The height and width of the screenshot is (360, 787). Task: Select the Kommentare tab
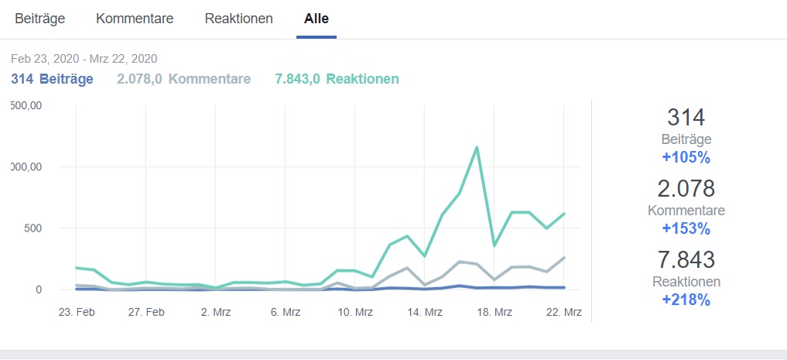(x=135, y=19)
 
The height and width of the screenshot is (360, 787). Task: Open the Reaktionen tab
(x=238, y=19)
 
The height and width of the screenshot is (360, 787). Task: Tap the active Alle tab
(x=316, y=19)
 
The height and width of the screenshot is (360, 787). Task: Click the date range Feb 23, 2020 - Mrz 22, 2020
(x=84, y=59)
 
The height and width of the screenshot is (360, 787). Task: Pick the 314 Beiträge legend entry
(x=52, y=79)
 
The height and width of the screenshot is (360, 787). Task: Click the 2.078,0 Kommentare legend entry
(x=183, y=79)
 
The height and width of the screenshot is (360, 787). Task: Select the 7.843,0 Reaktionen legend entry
(x=337, y=79)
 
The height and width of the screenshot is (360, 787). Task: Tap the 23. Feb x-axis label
(x=76, y=312)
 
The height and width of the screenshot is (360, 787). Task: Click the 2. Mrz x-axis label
(x=216, y=312)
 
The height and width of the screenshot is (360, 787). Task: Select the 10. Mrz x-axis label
(x=355, y=312)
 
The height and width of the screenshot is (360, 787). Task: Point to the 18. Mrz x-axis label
(x=494, y=312)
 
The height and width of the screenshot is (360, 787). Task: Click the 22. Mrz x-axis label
(x=564, y=312)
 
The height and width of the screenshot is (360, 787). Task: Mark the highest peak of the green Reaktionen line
(x=477, y=147)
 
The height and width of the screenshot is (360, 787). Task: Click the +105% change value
(x=686, y=158)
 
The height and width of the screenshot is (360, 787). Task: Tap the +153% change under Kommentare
(x=686, y=228)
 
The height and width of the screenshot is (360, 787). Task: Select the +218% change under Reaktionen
(x=686, y=300)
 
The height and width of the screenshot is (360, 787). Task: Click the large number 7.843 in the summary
(x=686, y=260)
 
